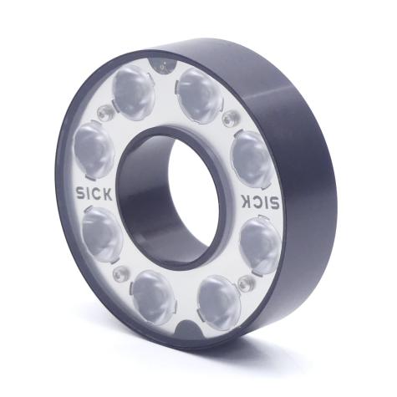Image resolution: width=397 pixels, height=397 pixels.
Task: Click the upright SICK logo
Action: (x=94, y=193)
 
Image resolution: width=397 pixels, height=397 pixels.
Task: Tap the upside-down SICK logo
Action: (x=260, y=201)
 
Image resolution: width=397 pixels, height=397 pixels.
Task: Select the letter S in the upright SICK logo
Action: (x=79, y=192)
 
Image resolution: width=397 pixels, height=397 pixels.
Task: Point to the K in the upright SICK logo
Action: (x=108, y=194)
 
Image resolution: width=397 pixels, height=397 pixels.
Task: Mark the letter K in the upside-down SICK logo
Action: (x=247, y=201)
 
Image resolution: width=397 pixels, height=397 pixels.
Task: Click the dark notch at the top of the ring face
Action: (x=163, y=65)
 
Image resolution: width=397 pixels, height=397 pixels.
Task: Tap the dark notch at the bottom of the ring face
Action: (x=189, y=330)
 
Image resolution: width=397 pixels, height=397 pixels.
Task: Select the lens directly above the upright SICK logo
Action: (x=94, y=150)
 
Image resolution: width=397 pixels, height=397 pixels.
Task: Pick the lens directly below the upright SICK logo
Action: (x=102, y=235)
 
